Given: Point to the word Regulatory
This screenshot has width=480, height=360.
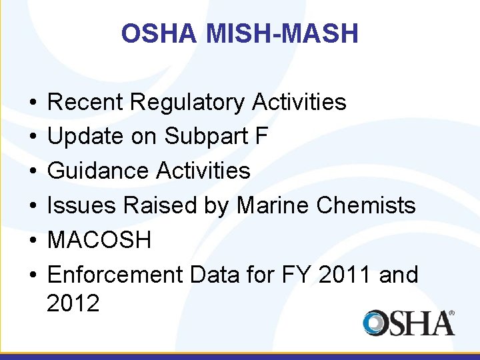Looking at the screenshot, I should [x=189, y=102].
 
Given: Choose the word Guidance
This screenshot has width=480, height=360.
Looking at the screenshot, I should [x=99, y=171].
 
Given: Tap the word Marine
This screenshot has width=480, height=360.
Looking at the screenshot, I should [x=273, y=205].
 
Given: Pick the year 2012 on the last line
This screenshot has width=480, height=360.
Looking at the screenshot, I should [x=73, y=303].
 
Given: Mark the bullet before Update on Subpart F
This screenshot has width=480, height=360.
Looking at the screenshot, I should [x=33, y=137].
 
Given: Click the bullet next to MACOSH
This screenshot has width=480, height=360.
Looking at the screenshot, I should [x=33, y=240].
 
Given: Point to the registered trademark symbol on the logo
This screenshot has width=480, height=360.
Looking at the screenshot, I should [x=451, y=313].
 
